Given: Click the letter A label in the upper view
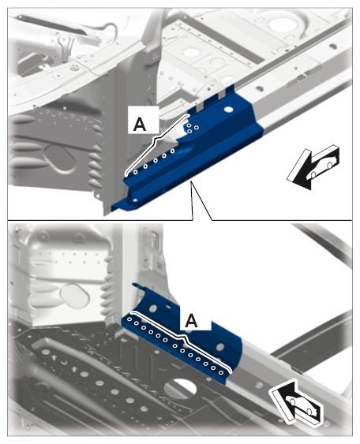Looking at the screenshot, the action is (140, 124).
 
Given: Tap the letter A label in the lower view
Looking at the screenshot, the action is (192, 321).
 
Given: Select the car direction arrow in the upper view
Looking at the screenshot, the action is (313, 167).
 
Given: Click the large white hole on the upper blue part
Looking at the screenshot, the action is (228, 110).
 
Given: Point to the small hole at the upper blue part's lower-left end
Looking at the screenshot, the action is (135, 200).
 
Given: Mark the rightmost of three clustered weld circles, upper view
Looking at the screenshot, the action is (196, 128).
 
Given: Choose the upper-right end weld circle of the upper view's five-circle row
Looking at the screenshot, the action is (172, 151).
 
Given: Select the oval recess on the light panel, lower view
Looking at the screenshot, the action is (75, 297).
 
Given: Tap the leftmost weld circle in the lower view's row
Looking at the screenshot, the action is (129, 319).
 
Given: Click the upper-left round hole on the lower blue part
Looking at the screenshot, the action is (153, 308).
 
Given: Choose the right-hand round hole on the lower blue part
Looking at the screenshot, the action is (220, 346).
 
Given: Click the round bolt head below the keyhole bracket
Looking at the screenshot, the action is (75, 67).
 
